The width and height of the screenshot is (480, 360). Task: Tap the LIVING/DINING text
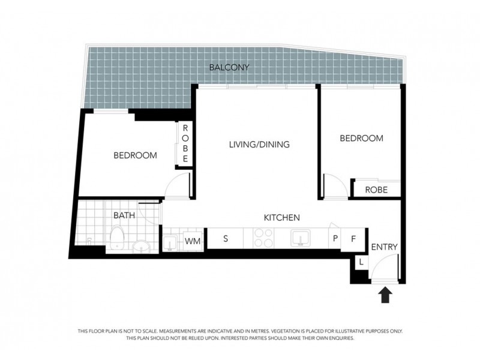pyautogui.click(x=260, y=145)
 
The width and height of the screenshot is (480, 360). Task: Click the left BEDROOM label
pyautogui.click(x=136, y=155)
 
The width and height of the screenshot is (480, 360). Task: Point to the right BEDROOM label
pyautogui.click(x=361, y=138)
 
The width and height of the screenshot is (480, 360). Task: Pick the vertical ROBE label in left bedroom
pyautogui.click(x=185, y=143)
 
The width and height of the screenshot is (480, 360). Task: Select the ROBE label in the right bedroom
pyautogui.click(x=376, y=190)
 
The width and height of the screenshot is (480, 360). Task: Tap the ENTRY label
pyautogui.click(x=385, y=247)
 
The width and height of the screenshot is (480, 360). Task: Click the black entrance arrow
pyautogui.click(x=385, y=295)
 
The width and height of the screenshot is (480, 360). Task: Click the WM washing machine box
pyautogui.click(x=193, y=241)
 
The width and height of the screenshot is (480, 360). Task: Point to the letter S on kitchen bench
pyautogui.click(x=226, y=238)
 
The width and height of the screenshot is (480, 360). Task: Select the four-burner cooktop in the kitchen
pyautogui.click(x=262, y=238)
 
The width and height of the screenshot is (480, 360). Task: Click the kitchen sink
pyautogui.click(x=300, y=238)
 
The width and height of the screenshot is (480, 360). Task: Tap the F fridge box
pyautogui.click(x=354, y=238)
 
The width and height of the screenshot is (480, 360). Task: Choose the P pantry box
pyautogui.click(x=335, y=238)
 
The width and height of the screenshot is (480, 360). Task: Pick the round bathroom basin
pyautogui.click(x=142, y=247)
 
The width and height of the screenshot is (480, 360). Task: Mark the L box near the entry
pyautogui.click(x=362, y=262)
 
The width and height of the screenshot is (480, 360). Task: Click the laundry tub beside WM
pyautogui.click(x=170, y=242)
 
